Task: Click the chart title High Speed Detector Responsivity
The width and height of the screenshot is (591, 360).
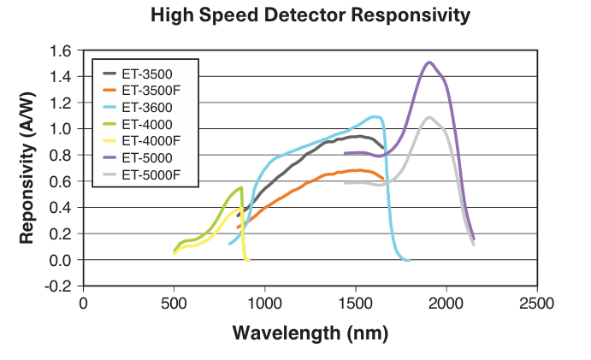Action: [x=310, y=15]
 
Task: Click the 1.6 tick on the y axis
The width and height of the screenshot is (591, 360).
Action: [x=62, y=50]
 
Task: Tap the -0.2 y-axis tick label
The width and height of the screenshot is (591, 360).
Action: [x=60, y=286]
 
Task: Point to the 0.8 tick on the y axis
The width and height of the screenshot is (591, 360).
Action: [x=62, y=155]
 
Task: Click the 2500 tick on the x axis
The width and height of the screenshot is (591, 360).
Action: [x=537, y=304]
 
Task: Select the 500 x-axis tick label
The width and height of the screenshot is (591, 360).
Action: [x=174, y=304]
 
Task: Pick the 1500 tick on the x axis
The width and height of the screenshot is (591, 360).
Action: [x=356, y=304]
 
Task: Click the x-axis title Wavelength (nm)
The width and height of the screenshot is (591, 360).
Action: [x=310, y=333]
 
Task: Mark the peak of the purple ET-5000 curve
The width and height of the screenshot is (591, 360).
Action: [x=429, y=62]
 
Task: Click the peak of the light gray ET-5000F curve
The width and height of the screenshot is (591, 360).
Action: [x=429, y=117]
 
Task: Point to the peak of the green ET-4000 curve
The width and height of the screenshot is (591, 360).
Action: [x=242, y=187]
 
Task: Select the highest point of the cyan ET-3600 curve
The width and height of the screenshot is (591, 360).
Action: [x=374, y=116]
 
